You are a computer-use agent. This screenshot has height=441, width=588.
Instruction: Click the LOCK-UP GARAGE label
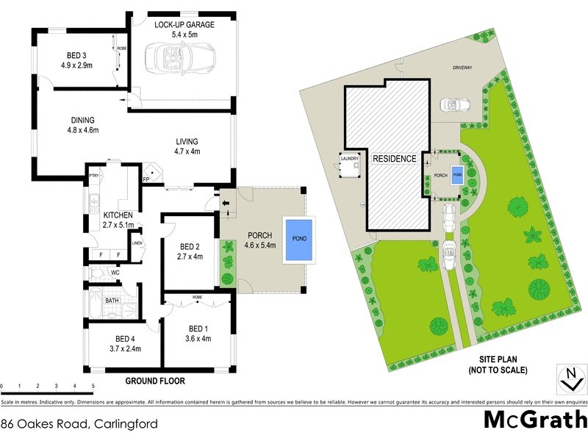[x=184, y=24]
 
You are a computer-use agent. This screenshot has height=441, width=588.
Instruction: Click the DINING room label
[x=83, y=121]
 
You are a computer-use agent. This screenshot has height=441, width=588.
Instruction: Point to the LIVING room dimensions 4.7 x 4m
[x=187, y=152]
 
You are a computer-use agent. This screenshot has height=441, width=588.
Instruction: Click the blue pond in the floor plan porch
[x=299, y=239]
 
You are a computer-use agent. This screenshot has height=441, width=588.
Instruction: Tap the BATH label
[x=112, y=301]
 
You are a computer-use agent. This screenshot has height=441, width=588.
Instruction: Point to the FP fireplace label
[x=146, y=179]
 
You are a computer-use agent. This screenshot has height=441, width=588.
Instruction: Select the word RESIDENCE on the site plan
[x=394, y=159]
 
